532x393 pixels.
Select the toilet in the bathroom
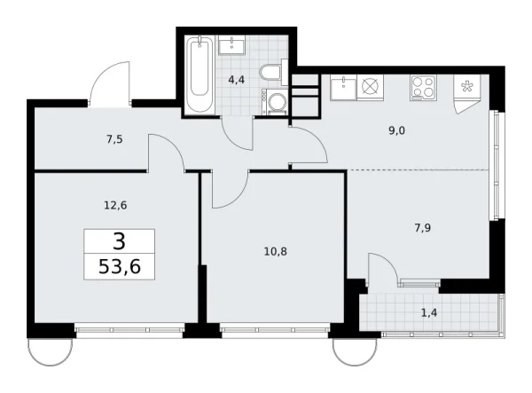270,73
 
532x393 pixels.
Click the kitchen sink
343,88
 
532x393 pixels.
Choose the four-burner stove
422,88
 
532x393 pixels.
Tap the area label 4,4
238,79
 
